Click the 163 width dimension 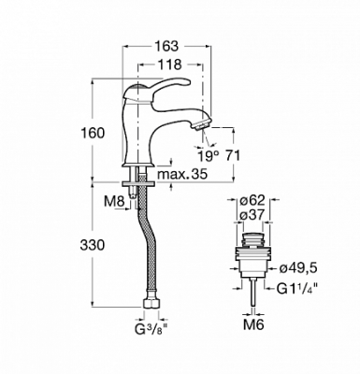point(166,46)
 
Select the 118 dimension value point(169,65)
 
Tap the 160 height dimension point(93,133)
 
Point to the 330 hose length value point(93,245)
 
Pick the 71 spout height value point(232,155)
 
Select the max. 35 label point(182,175)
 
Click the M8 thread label point(114,201)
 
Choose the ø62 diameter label point(252,200)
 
